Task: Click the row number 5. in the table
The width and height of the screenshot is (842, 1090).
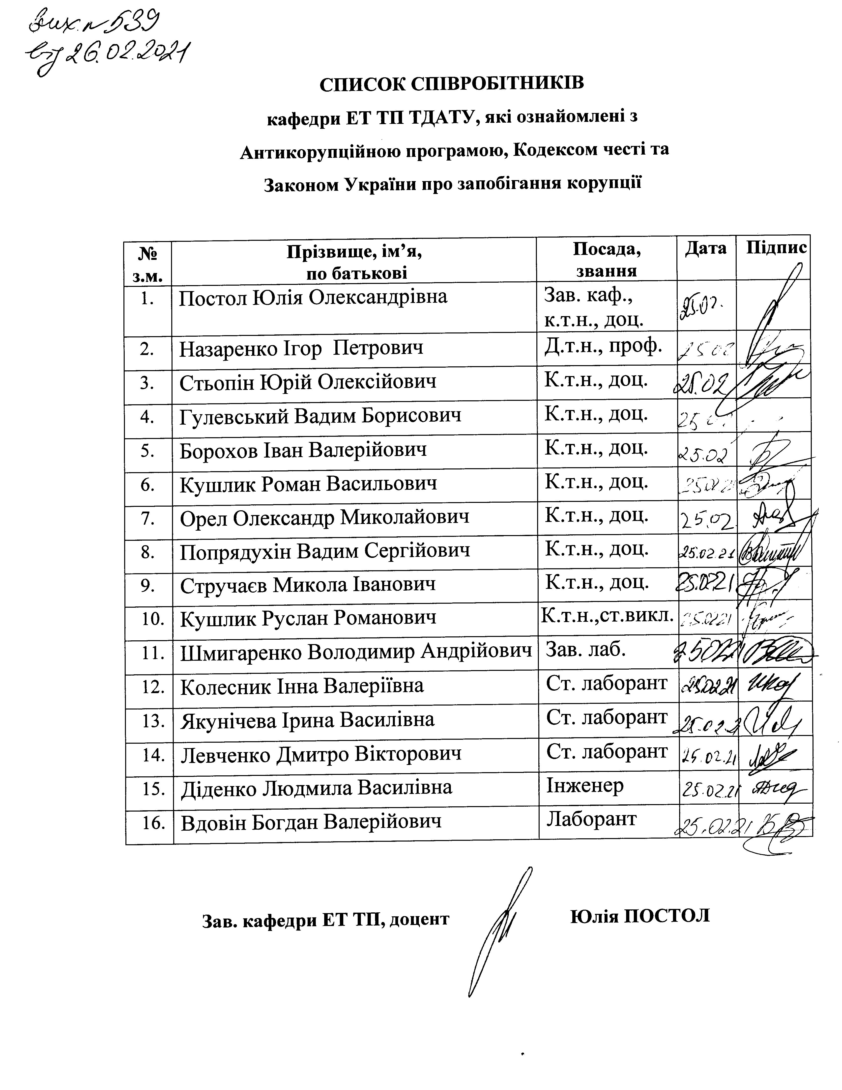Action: [147, 451]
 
